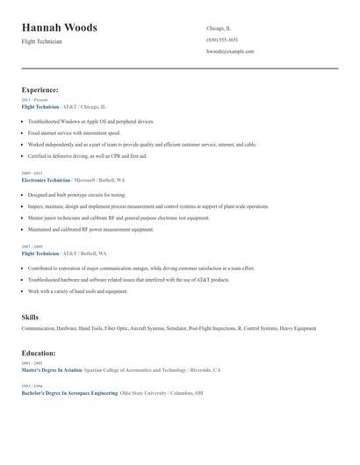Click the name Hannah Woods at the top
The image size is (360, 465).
coord(60,28)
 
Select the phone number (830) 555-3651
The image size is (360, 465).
coord(222,39)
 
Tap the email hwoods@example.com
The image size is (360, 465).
coord(230,51)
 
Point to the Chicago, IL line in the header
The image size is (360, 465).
coord(219,28)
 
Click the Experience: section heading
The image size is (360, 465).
coord(40,89)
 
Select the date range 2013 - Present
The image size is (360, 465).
coord(35,100)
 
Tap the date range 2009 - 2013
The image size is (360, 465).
coord(32,172)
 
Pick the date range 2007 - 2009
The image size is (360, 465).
coord(32,247)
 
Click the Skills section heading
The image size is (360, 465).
coord(30,316)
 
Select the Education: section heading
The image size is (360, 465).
coord(39,353)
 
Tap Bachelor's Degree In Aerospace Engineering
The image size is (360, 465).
coord(69,393)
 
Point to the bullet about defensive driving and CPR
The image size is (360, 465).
coord(88,155)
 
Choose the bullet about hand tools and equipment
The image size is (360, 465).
coord(78,291)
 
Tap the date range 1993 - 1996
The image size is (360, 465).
coord(32,387)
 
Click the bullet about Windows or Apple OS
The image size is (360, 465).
coord(91,121)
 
